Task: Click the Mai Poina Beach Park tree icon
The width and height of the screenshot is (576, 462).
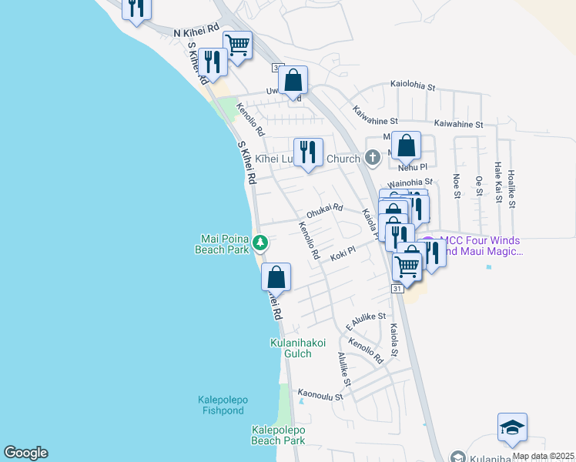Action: pyautogui.click(x=260, y=243)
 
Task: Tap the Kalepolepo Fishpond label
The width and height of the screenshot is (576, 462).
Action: pyautogui.click(x=220, y=405)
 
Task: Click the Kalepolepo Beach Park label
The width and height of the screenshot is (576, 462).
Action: pyautogui.click(x=278, y=435)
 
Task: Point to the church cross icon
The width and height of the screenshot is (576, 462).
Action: pyautogui.click(x=373, y=159)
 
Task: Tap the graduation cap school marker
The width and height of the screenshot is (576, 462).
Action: pyautogui.click(x=512, y=427)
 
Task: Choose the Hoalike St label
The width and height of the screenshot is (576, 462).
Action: pyautogui.click(x=512, y=186)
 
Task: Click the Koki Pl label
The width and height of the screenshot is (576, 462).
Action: pyautogui.click(x=341, y=252)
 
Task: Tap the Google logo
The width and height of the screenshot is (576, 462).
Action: pyautogui.click(x=25, y=453)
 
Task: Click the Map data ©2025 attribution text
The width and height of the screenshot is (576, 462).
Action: pyautogui.click(x=542, y=456)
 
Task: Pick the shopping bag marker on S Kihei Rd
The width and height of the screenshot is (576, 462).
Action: pyautogui.click(x=276, y=277)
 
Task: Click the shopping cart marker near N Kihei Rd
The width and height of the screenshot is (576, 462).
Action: pyautogui.click(x=237, y=45)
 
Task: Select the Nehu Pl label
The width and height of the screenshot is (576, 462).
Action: pyautogui.click(x=412, y=166)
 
